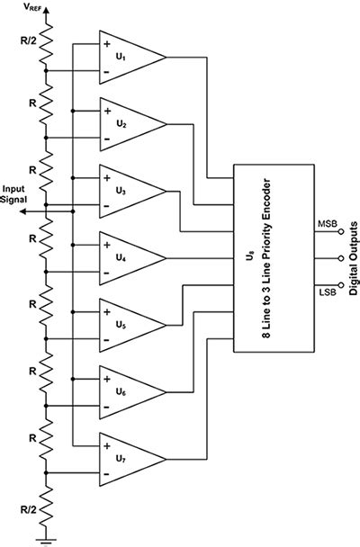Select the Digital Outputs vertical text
354,257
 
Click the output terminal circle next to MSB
341,230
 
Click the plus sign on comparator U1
108,43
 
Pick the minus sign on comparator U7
108,471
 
